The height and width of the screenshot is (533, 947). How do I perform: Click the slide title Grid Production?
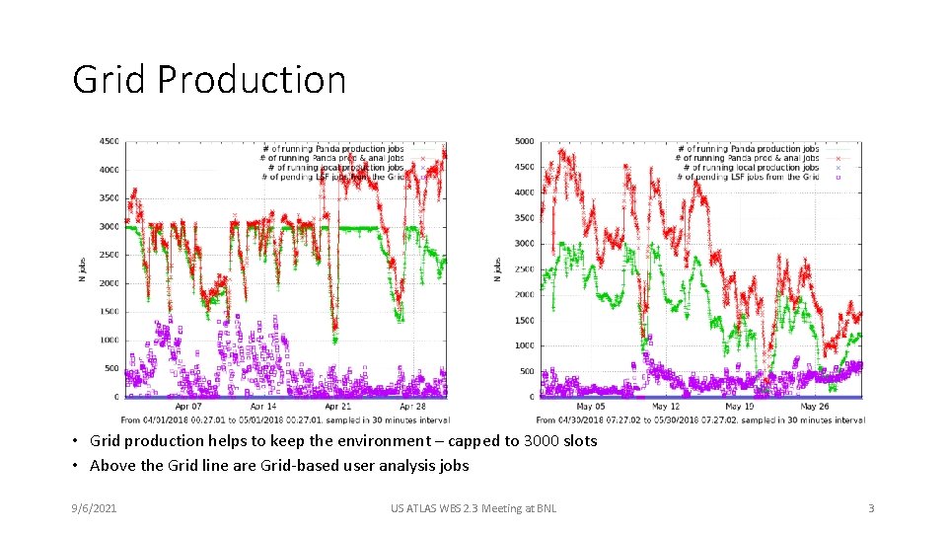[x=209, y=80]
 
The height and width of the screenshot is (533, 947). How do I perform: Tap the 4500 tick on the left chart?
[x=109, y=141]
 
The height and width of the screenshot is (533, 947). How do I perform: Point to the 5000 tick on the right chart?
[x=524, y=141]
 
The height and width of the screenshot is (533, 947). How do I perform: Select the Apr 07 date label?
[x=188, y=407]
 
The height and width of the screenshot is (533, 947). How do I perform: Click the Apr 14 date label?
[x=263, y=407]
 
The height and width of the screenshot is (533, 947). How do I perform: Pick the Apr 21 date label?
[x=337, y=407]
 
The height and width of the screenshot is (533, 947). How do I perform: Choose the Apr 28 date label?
[x=412, y=407]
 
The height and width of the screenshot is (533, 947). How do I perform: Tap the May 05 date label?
[x=591, y=407]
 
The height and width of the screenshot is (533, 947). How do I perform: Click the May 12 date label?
[x=666, y=407]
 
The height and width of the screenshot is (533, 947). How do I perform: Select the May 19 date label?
[x=740, y=407]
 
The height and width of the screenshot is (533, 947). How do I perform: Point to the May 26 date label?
[x=815, y=407]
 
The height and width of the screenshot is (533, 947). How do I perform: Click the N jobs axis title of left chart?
[x=82, y=269]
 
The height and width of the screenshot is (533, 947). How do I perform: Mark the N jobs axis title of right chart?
[x=497, y=269]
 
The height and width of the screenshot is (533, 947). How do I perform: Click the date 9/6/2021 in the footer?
[x=95, y=508]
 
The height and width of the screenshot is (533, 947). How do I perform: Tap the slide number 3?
[x=871, y=508]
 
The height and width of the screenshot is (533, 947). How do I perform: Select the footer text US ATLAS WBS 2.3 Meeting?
[x=473, y=508]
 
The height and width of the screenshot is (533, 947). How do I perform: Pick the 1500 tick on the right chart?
[x=524, y=321]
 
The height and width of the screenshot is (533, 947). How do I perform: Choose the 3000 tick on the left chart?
[x=109, y=226]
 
